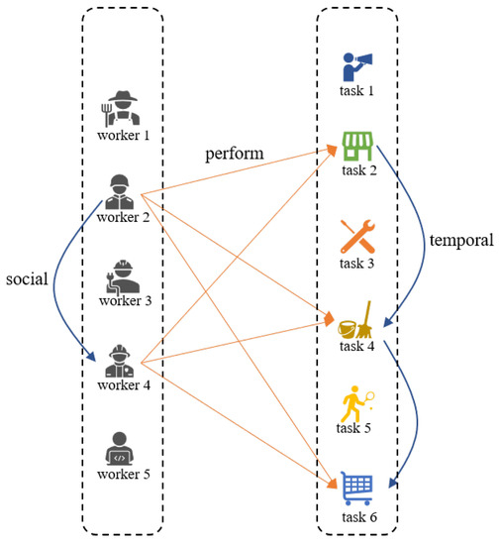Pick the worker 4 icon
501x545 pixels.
click(x=121, y=358)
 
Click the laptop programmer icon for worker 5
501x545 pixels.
click(x=121, y=448)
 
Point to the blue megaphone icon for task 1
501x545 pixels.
click(x=356, y=67)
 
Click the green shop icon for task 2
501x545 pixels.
click(x=356, y=146)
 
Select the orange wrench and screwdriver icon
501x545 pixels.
click(x=356, y=234)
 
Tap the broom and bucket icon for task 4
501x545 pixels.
click(x=356, y=319)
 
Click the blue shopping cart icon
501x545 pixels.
click(x=356, y=487)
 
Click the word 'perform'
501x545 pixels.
click(x=235, y=156)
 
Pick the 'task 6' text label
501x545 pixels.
click(x=357, y=515)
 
